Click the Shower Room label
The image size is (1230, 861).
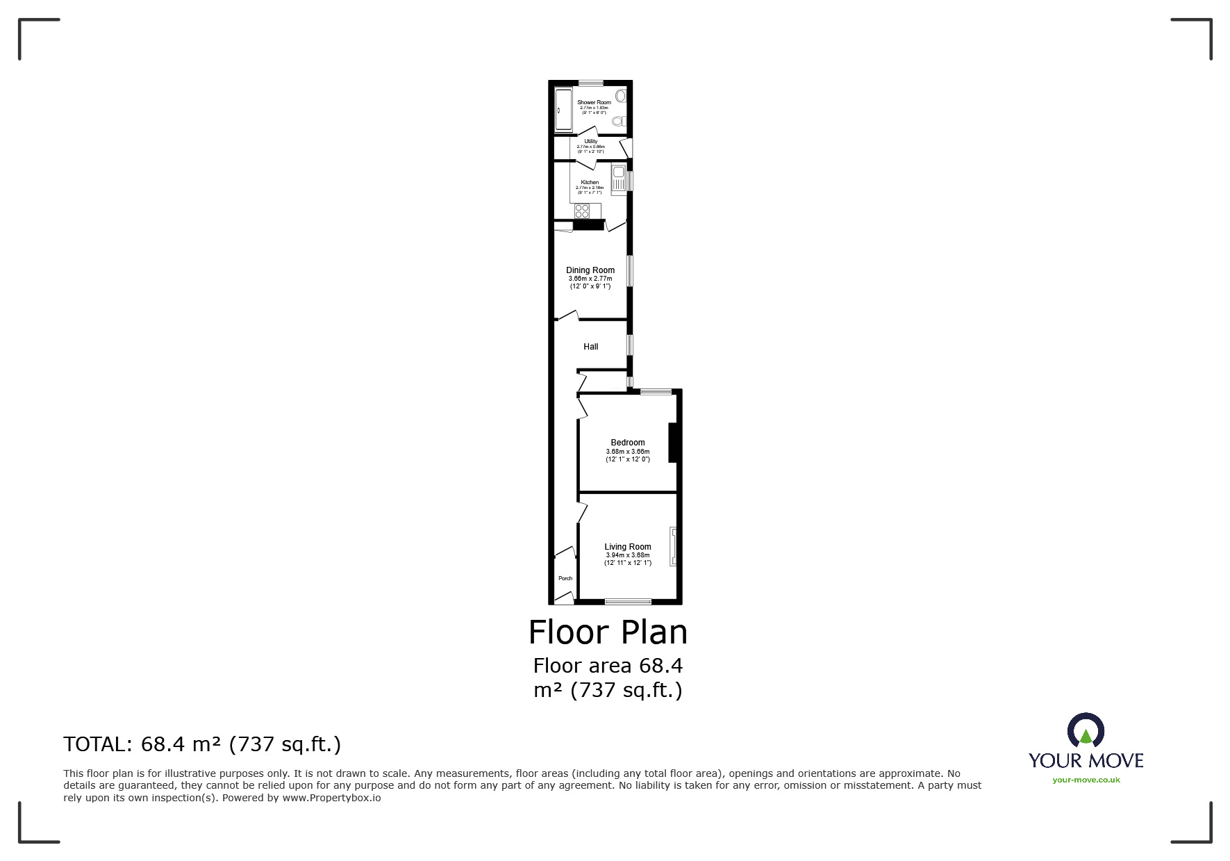(594, 102)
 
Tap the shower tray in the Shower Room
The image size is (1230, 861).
(563, 110)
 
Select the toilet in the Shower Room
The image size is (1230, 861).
(619, 122)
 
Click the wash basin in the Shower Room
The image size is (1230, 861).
(621, 96)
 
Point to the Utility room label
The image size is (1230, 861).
(590, 142)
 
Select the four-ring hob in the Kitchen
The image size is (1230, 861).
(582, 211)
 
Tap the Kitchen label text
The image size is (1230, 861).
(590, 182)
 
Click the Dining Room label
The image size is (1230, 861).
(590, 270)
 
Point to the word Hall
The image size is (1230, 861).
(591, 347)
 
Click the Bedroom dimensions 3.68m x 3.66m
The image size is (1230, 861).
(628, 452)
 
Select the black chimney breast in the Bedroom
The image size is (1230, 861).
(672, 443)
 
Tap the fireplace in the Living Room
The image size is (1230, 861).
(672, 547)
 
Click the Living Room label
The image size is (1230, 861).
(628, 547)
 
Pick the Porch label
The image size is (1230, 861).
(565, 578)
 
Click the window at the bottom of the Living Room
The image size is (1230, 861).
(628, 601)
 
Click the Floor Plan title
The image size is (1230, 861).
(608, 632)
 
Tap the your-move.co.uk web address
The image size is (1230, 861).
(1086, 780)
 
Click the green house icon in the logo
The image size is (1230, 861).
(1086, 735)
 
